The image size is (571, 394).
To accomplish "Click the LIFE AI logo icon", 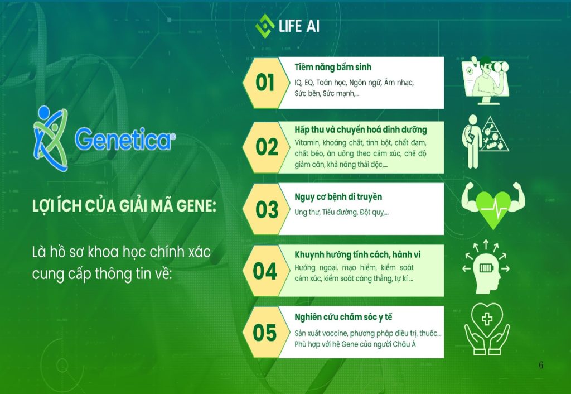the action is (265, 26).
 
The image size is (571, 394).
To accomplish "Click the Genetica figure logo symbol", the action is (51, 138).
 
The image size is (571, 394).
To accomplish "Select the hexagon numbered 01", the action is (266, 83).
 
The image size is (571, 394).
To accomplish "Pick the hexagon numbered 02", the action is (266, 147).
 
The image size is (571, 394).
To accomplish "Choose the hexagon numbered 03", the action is (266, 209).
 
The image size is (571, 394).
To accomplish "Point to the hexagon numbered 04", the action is (266, 271).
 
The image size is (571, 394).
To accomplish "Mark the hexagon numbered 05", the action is (266, 333).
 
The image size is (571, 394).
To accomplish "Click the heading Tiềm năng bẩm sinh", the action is (333, 68).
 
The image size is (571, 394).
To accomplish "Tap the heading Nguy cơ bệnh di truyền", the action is (338, 197).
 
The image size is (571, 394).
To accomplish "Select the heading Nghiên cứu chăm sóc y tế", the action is (343, 317).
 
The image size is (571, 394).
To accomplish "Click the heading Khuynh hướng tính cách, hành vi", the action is (357, 255).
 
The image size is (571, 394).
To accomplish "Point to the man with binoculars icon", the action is (485, 80).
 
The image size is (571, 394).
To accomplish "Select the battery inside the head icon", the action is (486, 268).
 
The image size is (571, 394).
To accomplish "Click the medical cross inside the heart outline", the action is (487, 319).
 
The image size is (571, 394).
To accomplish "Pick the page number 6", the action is (541, 364).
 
